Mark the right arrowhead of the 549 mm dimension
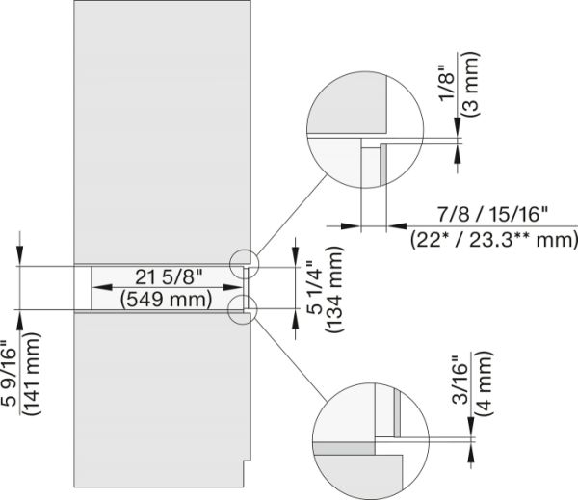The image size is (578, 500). [x=238, y=287]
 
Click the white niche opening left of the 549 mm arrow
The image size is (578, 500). [x=84, y=287]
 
